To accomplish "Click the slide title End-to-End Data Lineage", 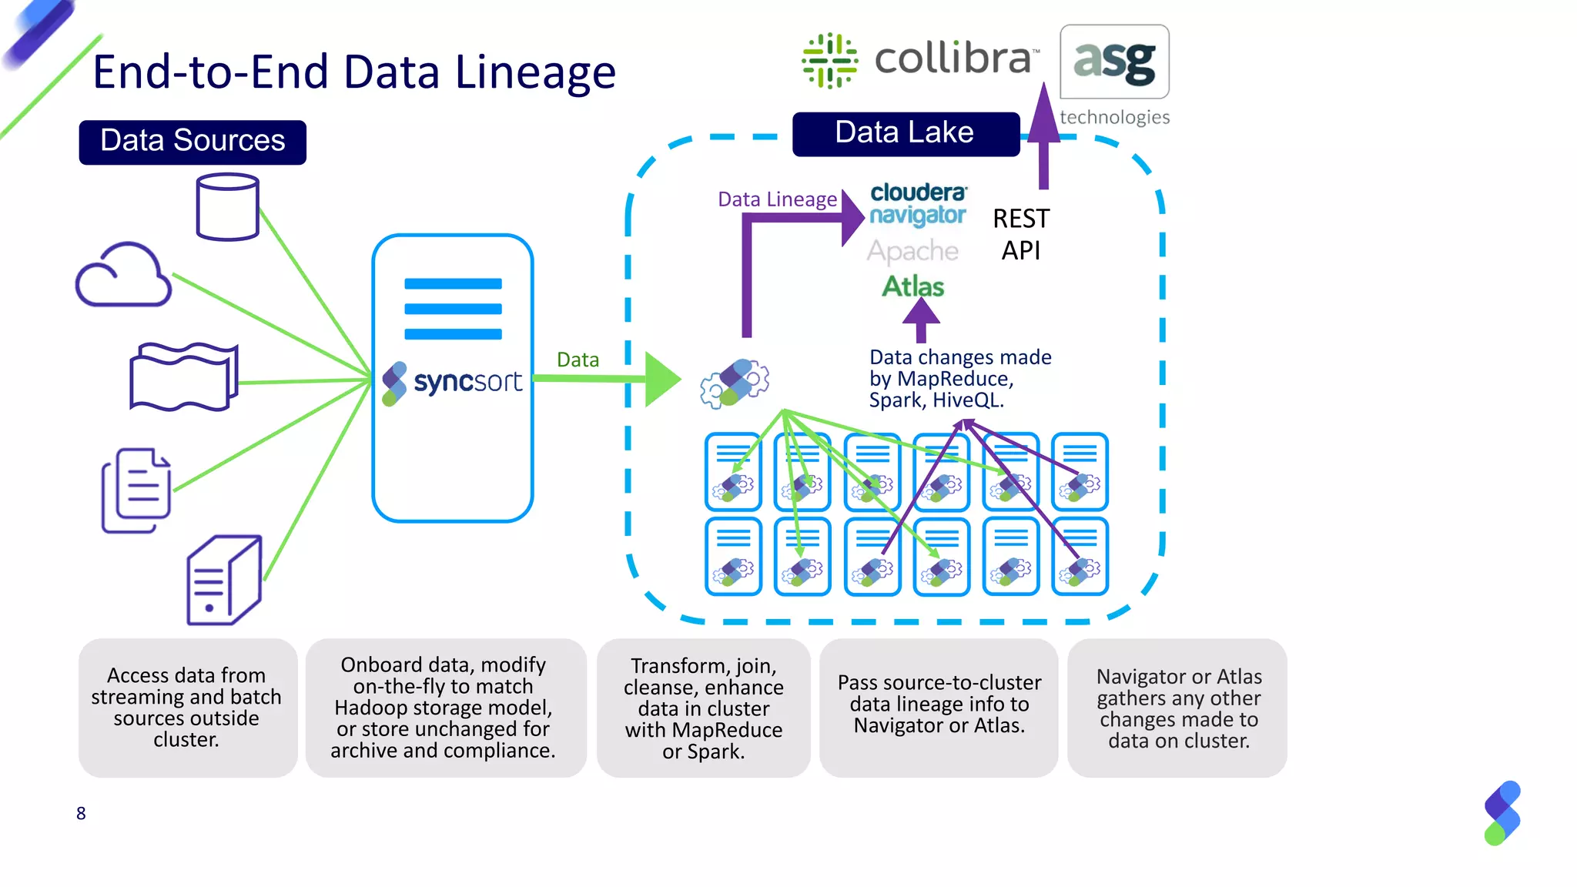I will [354, 72].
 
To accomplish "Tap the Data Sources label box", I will [193, 142].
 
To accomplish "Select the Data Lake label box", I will [906, 133].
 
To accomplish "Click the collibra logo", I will [920, 60].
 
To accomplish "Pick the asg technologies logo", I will [1114, 73].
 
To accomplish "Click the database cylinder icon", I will [227, 206].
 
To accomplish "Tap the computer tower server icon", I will [224, 580].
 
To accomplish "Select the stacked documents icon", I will [136, 490].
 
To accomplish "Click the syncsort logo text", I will [467, 382].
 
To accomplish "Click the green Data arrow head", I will [661, 379].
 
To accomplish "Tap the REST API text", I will [1020, 234].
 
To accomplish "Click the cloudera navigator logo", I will [917, 203].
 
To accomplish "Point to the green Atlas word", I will [912, 286].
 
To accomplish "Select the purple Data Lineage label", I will [776, 199].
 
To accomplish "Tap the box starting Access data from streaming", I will [187, 707].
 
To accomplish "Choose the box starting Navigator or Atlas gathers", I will [1177, 708].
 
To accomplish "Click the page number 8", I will [81, 813].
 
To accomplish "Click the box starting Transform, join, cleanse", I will [703, 708].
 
